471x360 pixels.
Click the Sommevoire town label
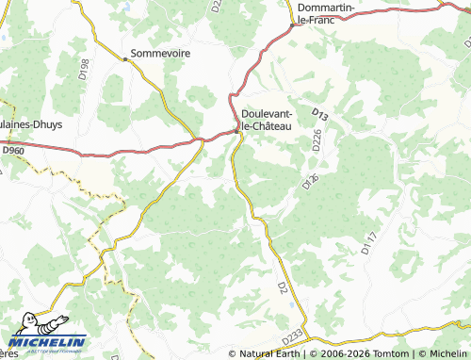coord(160,54)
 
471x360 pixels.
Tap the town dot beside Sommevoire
coord(125,58)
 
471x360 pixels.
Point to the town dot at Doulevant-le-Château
coord(235,131)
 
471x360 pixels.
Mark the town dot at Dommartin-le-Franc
coord(293,25)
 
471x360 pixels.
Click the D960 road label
coord(12,149)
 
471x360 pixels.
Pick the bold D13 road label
coord(319,115)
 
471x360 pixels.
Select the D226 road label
coord(317,139)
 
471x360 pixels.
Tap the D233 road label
coord(293,335)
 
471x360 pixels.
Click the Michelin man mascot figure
coord(20,330)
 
